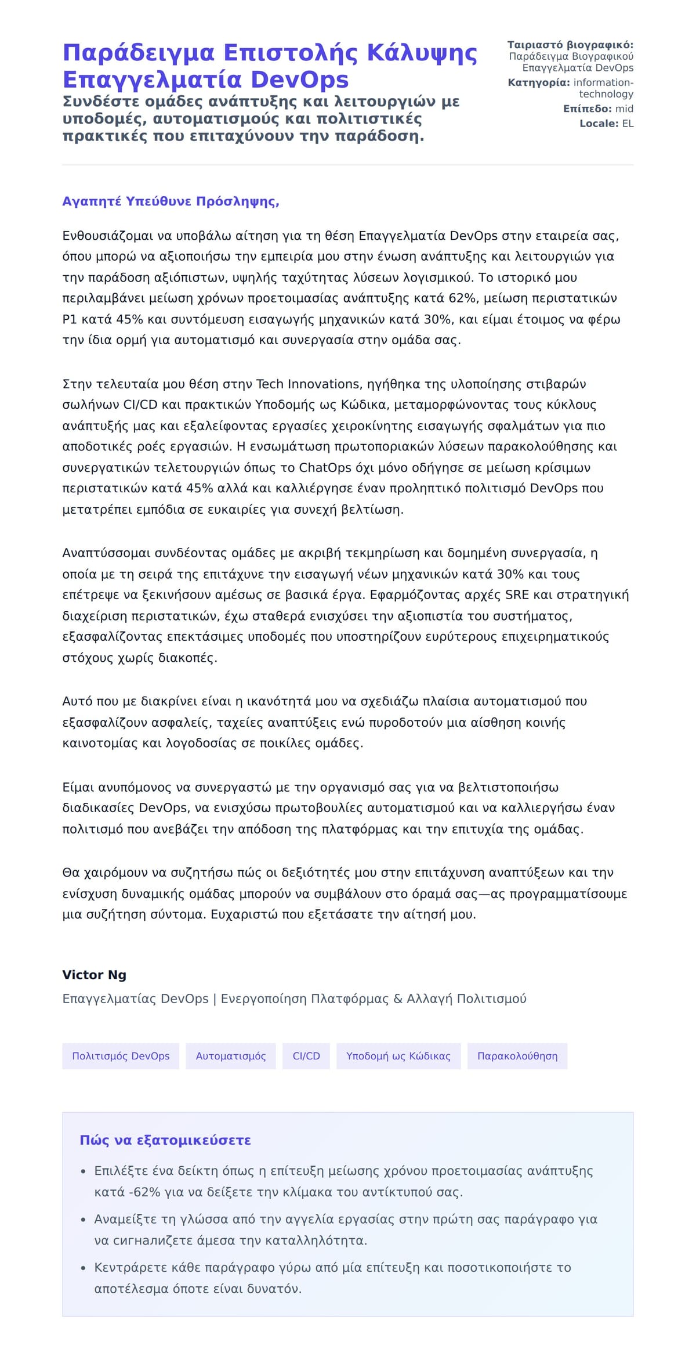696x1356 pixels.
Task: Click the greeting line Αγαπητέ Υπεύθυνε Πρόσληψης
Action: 171,201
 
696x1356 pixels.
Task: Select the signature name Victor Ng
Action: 94,975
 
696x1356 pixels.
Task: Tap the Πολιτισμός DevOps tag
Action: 121,1056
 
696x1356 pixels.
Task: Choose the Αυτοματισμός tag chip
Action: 231,1056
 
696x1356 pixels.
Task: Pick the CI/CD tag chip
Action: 306,1056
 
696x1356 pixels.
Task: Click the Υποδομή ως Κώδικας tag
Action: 398,1056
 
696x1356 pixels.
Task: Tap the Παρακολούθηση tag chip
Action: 517,1056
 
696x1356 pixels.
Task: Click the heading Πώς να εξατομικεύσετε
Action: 165,1140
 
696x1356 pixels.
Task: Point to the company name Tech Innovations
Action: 309,384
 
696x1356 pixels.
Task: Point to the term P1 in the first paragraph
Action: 70,319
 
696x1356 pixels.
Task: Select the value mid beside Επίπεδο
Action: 625,109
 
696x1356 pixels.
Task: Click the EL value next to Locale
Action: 628,124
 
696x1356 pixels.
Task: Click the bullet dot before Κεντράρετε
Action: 84,1268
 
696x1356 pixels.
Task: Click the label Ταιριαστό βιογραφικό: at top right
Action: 570,45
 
